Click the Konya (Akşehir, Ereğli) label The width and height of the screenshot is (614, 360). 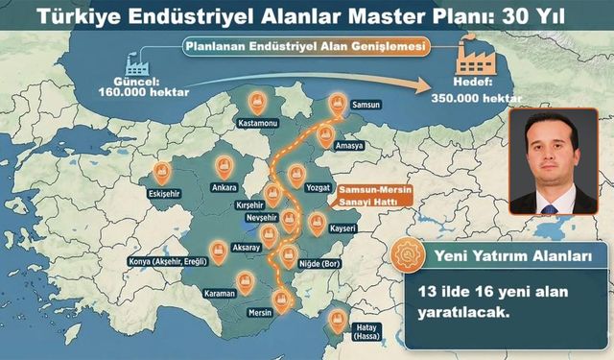pyautogui.click(x=170, y=261)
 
